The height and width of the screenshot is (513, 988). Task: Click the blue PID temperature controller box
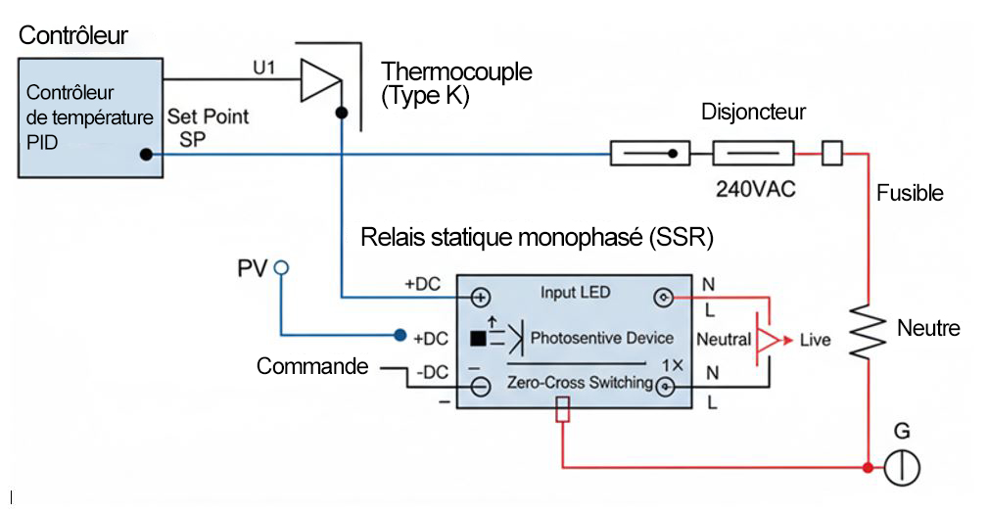[x=89, y=117]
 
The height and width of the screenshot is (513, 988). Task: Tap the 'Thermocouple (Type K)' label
[x=457, y=84]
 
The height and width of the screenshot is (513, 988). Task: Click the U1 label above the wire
[x=266, y=70]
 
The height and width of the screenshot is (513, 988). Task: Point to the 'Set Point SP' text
[x=208, y=127]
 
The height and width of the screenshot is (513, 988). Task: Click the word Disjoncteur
[x=753, y=112]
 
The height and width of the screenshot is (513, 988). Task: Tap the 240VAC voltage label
[x=755, y=189]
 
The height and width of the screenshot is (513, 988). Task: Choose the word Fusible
[x=910, y=193]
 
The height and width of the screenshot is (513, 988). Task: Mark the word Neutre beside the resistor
[x=928, y=328]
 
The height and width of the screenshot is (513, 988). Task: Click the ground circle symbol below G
[x=902, y=468]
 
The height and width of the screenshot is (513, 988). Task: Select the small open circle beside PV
[x=281, y=266]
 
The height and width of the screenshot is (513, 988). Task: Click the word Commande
[x=312, y=366]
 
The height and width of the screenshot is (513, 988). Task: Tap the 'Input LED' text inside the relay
[x=575, y=293]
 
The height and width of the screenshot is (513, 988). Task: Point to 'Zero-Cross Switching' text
[x=580, y=383]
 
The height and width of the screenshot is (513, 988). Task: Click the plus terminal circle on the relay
[x=481, y=298]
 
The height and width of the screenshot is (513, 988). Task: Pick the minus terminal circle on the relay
[x=481, y=387]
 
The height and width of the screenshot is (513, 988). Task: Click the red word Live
[x=815, y=340]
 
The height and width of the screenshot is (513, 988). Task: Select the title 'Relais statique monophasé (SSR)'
[x=537, y=238]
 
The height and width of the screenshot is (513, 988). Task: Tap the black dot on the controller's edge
[x=145, y=154]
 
